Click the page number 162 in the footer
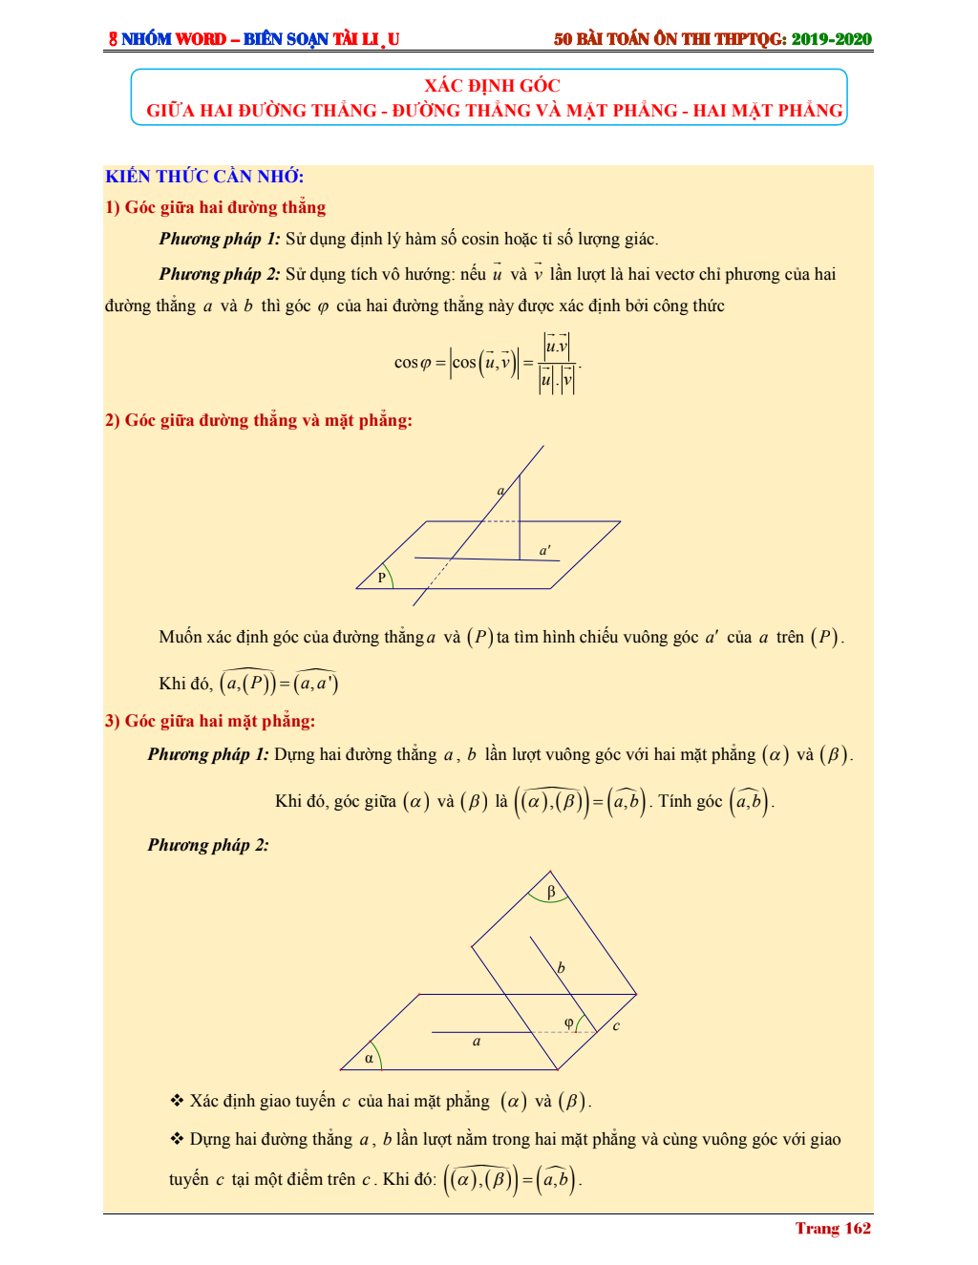click(858, 1229)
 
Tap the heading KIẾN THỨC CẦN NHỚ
click(204, 177)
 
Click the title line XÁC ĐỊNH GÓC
click(492, 86)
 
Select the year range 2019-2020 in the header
click(831, 39)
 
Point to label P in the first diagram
click(382, 578)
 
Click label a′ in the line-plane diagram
click(544, 551)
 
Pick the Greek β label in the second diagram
click(551, 892)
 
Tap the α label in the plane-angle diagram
click(369, 1058)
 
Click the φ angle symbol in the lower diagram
click(569, 1023)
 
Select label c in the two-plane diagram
click(616, 1026)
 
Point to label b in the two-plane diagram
click(561, 968)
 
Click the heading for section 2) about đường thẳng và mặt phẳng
click(259, 421)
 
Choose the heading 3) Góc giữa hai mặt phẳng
click(210, 722)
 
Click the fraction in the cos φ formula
click(557, 363)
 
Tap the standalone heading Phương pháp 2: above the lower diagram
click(208, 845)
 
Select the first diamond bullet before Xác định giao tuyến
click(177, 1101)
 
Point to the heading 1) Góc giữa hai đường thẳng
click(216, 208)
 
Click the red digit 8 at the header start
click(113, 39)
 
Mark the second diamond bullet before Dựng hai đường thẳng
click(177, 1139)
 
